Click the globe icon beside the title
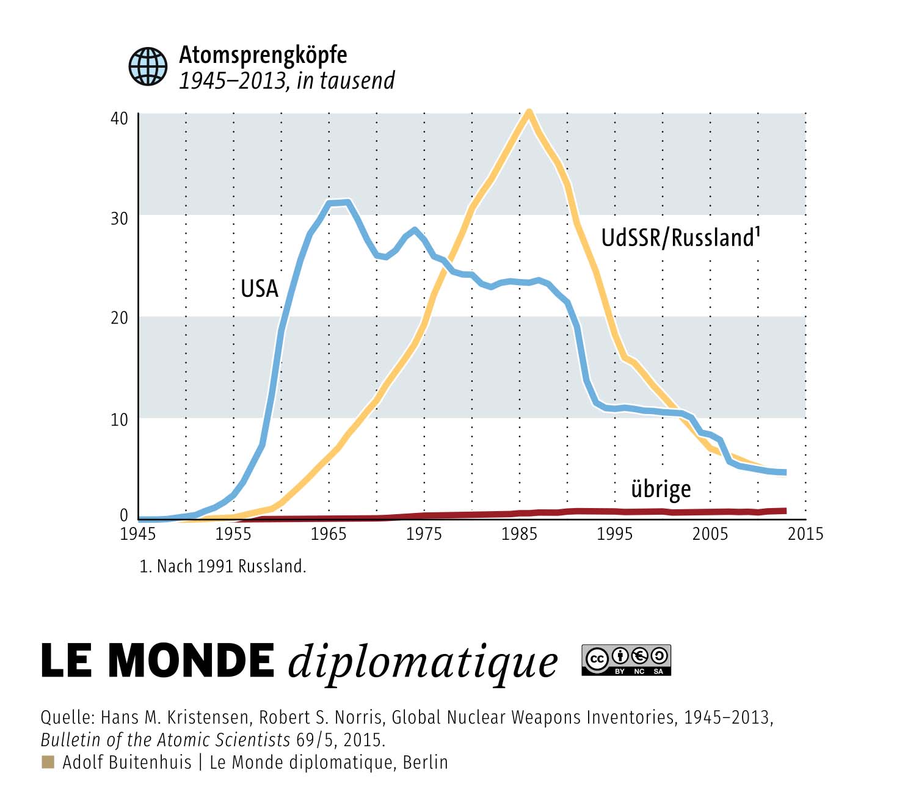(x=147, y=66)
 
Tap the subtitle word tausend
(x=357, y=81)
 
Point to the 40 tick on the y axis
(x=119, y=118)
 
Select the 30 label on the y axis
(x=119, y=219)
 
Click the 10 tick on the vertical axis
(x=119, y=420)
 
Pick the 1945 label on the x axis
(x=137, y=534)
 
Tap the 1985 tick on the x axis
(x=519, y=534)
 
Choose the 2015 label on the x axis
(x=805, y=534)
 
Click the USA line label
(x=259, y=288)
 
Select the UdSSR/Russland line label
(x=680, y=237)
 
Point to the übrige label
(x=661, y=489)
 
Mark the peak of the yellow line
(x=528, y=112)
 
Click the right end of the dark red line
(x=785, y=511)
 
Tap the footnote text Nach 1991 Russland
(x=231, y=567)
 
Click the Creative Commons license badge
(x=626, y=660)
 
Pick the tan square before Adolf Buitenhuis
(x=48, y=762)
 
